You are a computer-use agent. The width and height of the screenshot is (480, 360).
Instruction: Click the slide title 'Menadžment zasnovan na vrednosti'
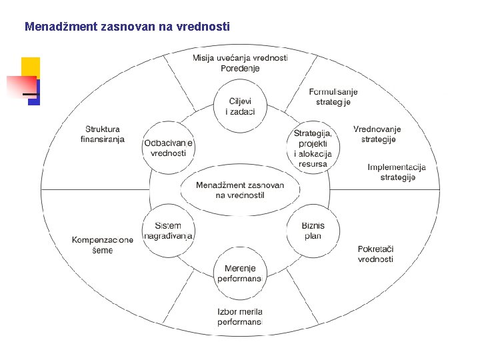pyautogui.click(x=127, y=27)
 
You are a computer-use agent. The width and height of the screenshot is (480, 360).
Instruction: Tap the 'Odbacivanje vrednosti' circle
pyautogui.click(x=169, y=147)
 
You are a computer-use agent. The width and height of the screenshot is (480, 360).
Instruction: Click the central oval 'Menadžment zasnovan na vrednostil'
pyautogui.click(x=240, y=190)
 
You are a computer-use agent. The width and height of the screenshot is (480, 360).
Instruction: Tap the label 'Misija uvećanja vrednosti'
pyautogui.click(x=240, y=58)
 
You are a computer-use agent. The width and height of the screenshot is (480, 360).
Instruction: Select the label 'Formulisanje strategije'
pyautogui.click(x=334, y=97)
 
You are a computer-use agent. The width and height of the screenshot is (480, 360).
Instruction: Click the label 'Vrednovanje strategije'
pyautogui.click(x=378, y=134)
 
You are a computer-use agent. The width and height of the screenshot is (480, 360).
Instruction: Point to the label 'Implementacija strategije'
pyautogui.click(x=397, y=172)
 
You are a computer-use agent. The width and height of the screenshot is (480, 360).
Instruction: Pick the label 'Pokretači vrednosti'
pyautogui.click(x=375, y=254)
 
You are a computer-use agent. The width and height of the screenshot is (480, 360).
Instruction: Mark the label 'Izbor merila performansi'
pyautogui.click(x=240, y=317)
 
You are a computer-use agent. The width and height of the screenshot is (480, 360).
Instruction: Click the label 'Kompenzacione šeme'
pyautogui.click(x=103, y=245)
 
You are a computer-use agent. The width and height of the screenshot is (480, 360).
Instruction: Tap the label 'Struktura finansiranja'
pyautogui.click(x=103, y=134)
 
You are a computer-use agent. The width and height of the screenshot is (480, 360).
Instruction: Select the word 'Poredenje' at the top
pyautogui.click(x=240, y=68)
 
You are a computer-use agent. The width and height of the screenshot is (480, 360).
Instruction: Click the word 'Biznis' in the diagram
pyautogui.click(x=313, y=226)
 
